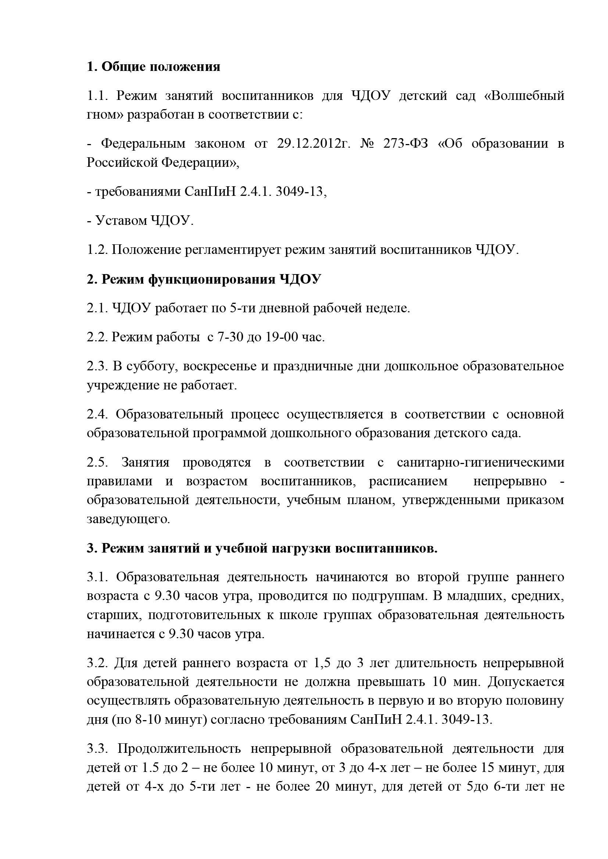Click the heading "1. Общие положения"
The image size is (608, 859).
tap(153, 67)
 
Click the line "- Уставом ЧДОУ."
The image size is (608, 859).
tap(140, 221)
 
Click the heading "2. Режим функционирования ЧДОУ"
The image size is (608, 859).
tap(204, 279)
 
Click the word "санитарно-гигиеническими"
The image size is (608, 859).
tap(480, 463)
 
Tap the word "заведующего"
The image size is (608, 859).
tap(128, 519)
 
